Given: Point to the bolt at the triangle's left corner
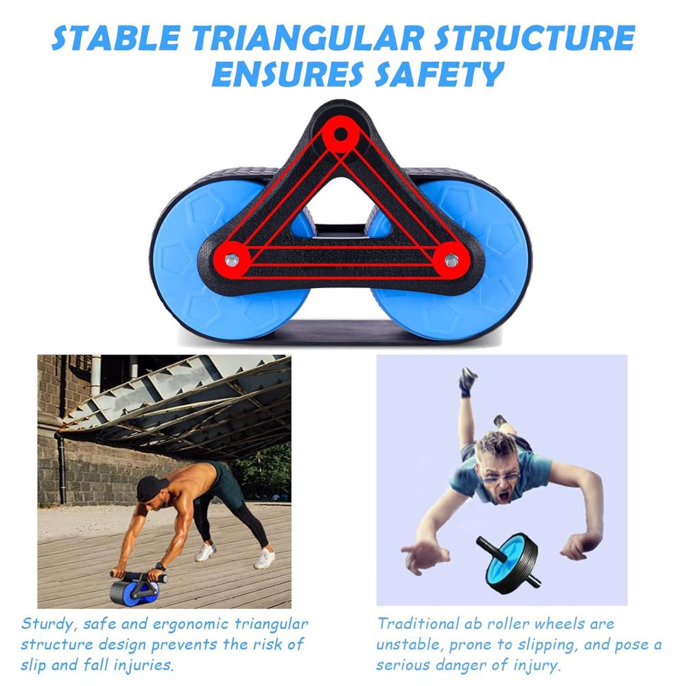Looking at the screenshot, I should tap(233, 260).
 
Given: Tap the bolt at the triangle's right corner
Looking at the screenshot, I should tap(451, 261).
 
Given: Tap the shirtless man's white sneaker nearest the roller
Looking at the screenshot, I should tap(205, 552).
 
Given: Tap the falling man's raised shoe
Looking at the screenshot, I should tap(468, 380).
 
